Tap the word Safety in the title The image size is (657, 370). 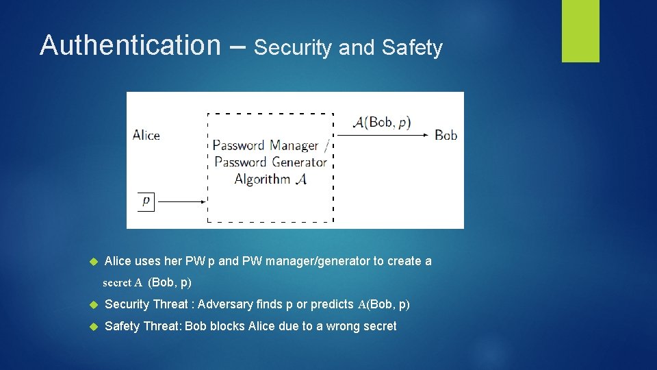click(412, 48)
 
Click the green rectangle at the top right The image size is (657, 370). click(580, 31)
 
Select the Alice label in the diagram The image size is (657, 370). click(146, 135)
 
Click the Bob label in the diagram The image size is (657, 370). click(446, 135)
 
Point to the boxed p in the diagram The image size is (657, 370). click(146, 201)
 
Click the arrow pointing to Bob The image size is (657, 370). click(383, 135)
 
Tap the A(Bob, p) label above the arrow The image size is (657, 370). click(382, 122)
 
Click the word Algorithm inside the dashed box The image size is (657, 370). click(262, 179)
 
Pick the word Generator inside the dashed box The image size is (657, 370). click(299, 162)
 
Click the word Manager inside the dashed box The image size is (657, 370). click(294, 145)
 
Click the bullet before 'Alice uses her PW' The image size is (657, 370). click(94, 262)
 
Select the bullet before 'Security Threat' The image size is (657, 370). click(94, 304)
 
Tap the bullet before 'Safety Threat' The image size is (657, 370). click(94, 326)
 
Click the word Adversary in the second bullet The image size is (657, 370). click(224, 304)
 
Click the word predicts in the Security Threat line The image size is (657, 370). click(332, 304)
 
